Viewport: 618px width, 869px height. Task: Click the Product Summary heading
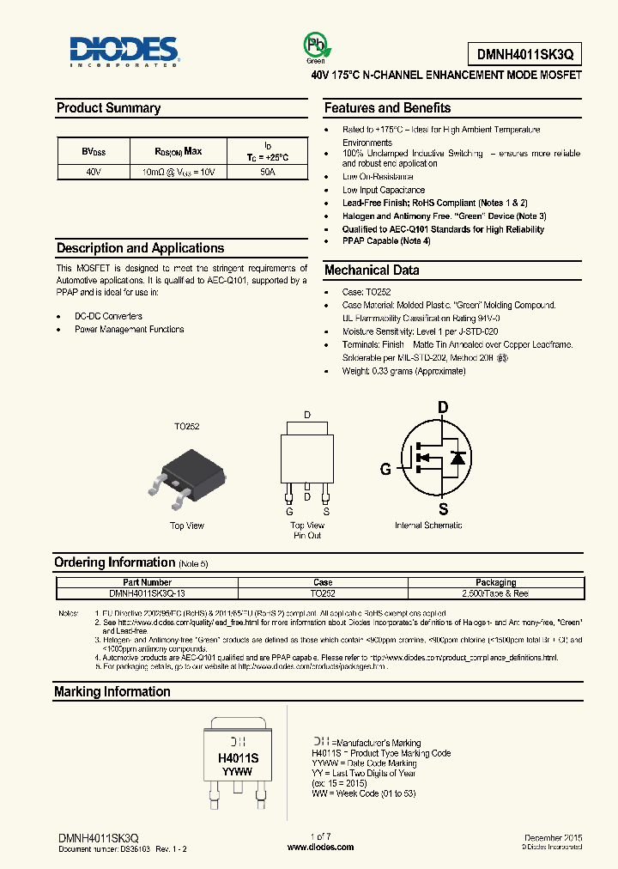point(108,108)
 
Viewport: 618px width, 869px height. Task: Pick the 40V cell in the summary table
point(93,172)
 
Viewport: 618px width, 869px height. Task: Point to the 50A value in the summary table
point(267,172)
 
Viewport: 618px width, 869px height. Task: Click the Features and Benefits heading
point(387,108)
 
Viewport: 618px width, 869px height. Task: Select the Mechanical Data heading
point(372,270)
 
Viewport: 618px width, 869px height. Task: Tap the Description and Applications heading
point(140,248)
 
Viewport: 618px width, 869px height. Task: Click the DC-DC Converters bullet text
point(108,316)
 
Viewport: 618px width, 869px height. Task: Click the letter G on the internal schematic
point(385,469)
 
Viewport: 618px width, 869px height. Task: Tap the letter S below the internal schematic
point(443,507)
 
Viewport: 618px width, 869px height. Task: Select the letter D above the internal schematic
point(443,407)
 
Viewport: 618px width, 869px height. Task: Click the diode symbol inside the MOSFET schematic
point(459,458)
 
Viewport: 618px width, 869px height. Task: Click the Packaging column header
point(496,582)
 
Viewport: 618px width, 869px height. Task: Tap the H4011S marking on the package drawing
point(238,758)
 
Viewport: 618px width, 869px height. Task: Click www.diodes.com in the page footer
point(320,847)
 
